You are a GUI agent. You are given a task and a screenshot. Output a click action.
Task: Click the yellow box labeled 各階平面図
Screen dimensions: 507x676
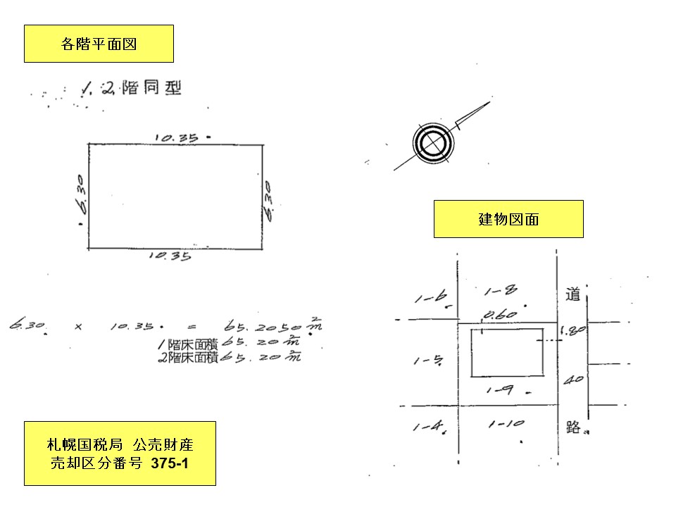point(99,44)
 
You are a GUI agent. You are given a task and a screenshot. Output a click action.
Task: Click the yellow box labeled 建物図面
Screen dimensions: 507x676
point(508,219)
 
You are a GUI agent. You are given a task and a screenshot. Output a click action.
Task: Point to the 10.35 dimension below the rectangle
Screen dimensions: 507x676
point(170,257)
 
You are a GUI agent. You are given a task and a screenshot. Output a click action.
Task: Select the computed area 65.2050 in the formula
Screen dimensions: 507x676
point(265,327)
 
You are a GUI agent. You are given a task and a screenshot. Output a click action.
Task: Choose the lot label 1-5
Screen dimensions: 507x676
point(427,361)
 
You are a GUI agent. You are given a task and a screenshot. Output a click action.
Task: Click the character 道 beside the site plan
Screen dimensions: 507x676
point(572,295)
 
